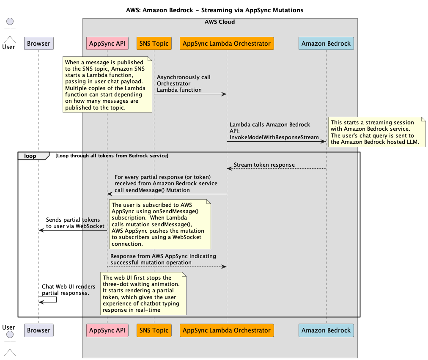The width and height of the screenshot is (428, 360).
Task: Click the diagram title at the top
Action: point(214,10)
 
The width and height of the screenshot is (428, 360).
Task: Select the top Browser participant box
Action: point(38,43)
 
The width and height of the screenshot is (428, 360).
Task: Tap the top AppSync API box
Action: point(107,43)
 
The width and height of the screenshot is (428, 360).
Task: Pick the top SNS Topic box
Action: point(154,43)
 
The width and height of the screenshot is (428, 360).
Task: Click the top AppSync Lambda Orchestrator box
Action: point(227,43)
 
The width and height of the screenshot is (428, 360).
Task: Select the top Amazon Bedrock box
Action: point(326,43)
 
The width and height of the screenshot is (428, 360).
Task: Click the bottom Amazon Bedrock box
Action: point(326,330)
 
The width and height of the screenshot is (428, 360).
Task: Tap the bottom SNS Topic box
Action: point(154,330)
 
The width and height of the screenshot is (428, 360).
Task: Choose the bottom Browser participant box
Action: point(38,330)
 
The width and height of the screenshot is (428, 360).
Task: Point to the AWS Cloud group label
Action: point(219,22)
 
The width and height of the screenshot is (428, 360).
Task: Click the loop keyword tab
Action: point(30,156)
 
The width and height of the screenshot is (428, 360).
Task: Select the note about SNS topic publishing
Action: point(107,84)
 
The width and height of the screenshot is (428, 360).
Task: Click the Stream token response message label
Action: point(264,165)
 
